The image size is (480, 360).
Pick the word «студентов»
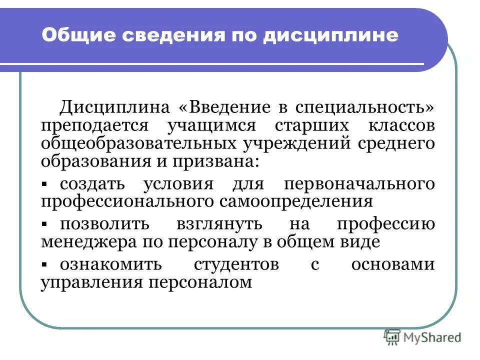(x=236, y=263)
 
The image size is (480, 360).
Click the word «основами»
(x=392, y=263)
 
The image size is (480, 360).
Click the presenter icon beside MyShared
(x=392, y=337)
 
